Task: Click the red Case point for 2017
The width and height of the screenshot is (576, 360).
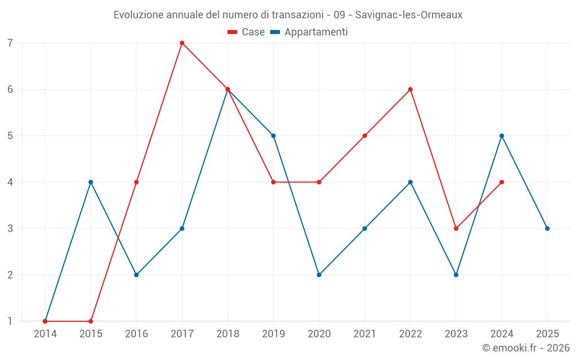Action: pyautogui.click(x=182, y=43)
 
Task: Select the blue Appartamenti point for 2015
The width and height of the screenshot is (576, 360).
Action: pyautogui.click(x=90, y=182)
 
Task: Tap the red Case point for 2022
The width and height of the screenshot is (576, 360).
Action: pyautogui.click(x=410, y=89)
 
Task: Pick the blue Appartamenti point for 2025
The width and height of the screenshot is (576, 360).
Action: pyautogui.click(x=547, y=229)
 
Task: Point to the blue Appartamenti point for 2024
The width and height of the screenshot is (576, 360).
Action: pyautogui.click(x=502, y=136)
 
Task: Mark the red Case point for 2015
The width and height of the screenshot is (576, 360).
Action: pyautogui.click(x=90, y=321)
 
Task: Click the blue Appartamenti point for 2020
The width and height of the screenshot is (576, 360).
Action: pyautogui.click(x=319, y=275)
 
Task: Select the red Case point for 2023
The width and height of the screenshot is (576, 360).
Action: pyautogui.click(x=456, y=229)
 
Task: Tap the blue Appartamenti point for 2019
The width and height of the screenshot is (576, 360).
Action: pyautogui.click(x=274, y=136)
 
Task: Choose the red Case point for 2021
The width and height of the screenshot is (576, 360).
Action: pyautogui.click(x=365, y=136)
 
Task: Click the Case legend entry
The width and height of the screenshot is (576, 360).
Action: pyautogui.click(x=247, y=32)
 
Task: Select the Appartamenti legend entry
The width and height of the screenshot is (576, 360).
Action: pyautogui.click(x=309, y=32)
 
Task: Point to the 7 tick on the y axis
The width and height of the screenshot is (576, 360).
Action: pyautogui.click(x=10, y=43)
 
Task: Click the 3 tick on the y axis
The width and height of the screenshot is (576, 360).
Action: pyautogui.click(x=10, y=229)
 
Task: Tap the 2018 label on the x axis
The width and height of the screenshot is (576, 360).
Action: pyautogui.click(x=228, y=334)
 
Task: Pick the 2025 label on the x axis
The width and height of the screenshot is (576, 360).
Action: pyautogui.click(x=547, y=334)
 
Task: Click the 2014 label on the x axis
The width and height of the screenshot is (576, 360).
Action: pyautogui.click(x=45, y=334)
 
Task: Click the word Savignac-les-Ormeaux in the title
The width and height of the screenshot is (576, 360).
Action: pyautogui.click(x=408, y=15)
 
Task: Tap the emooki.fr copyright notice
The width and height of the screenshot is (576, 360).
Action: pyautogui.click(x=525, y=348)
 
